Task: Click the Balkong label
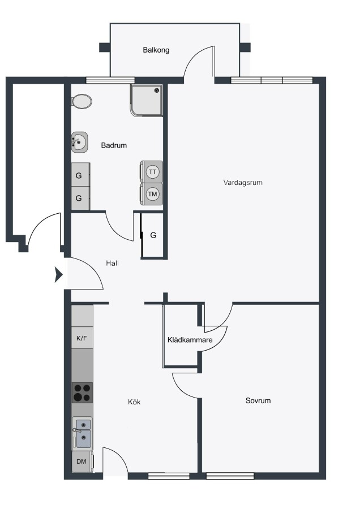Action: click(x=156, y=50)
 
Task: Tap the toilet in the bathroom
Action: click(x=82, y=102)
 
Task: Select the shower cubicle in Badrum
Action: click(x=147, y=100)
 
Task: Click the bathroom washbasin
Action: click(x=80, y=142)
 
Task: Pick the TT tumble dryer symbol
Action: click(x=152, y=172)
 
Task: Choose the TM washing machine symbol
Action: click(x=152, y=194)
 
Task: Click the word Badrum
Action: click(x=114, y=145)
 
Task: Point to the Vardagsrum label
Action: click(x=243, y=183)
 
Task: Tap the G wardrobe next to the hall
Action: click(x=153, y=235)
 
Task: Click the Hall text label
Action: click(x=112, y=263)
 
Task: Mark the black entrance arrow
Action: click(x=58, y=275)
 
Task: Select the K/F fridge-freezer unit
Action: click(x=82, y=338)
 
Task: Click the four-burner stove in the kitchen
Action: click(x=82, y=393)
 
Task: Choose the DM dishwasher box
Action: click(x=82, y=461)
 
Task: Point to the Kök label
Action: click(x=134, y=402)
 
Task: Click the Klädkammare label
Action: click(x=190, y=340)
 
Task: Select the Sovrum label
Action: click(x=258, y=400)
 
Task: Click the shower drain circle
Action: click(x=157, y=90)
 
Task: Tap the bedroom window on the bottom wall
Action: click(x=230, y=476)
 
